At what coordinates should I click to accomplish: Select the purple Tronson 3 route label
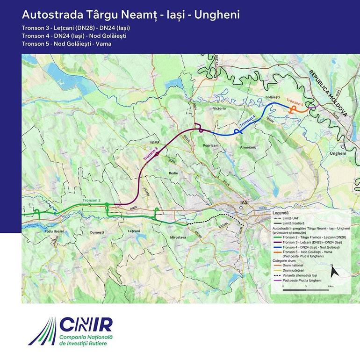(150, 154)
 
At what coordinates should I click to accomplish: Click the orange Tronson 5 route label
(295, 102)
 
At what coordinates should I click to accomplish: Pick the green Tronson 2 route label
(92, 200)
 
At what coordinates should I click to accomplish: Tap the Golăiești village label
(272, 96)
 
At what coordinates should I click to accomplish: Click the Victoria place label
(219, 108)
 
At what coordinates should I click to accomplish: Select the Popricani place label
(211, 145)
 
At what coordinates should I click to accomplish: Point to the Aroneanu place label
(248, 147)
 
